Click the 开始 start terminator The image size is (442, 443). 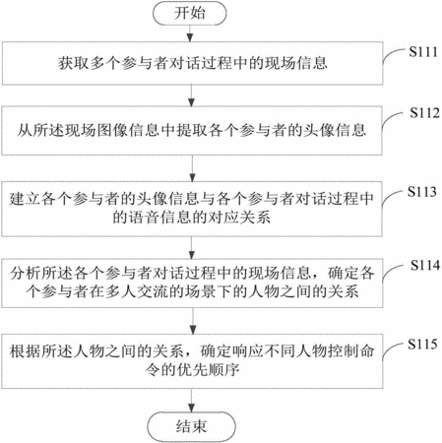(x=190, y=13)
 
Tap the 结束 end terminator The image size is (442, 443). (x=191, y=426)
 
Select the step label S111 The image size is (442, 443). (x=423, y=52)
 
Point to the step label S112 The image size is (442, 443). (x=424, y=113)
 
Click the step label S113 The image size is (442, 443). (x=422, y=192)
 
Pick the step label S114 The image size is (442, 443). (x=425, y=265)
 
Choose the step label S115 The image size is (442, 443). (x=422, y=344)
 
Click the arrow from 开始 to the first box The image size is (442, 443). (x=190, y=33)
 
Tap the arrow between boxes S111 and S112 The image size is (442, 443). (x=192, y=95)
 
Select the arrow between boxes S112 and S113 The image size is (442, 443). (x=192, y=168)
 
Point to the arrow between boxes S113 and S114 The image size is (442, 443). (x=192, y=248)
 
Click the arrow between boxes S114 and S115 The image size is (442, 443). (x=193, y=321)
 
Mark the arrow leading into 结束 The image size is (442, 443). (x=191, y=401)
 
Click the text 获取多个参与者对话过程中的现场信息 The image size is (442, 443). (x=193, y=63)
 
